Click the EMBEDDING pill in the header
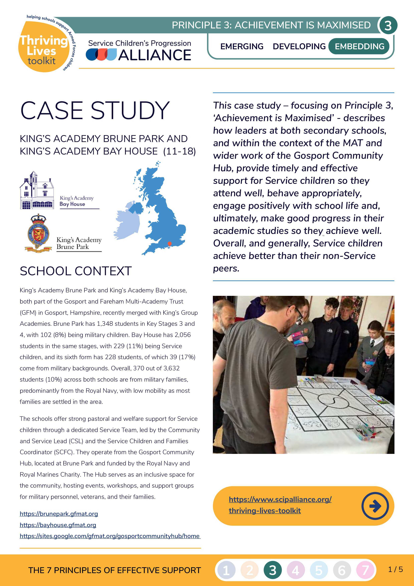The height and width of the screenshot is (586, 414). [x=359, y=46]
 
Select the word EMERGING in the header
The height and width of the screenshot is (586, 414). [x=242, y=46]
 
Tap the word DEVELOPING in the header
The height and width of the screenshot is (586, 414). [x=299, y=46]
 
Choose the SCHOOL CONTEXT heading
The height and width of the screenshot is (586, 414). [x=76, y=271]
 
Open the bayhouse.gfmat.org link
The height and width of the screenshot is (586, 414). [x=58, y=525]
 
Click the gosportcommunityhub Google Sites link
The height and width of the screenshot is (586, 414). [x=110, y=536]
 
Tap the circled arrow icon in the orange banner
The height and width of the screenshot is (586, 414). [x=375, y=506]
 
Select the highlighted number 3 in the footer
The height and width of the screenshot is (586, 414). [x=272, y=570]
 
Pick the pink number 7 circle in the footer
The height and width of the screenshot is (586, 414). [x=365, y=570]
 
